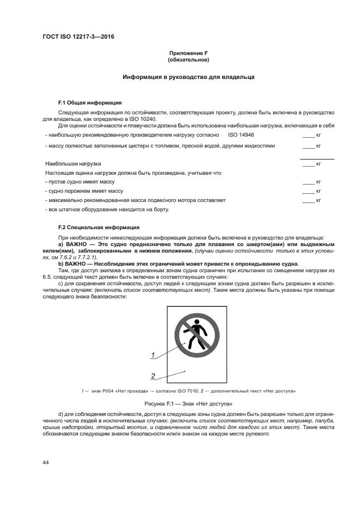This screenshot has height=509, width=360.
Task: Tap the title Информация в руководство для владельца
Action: coord(188,77)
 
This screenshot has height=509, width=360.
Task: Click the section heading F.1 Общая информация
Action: coord(90,102)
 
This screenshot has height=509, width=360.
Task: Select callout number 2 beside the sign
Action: coord(154,376)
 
